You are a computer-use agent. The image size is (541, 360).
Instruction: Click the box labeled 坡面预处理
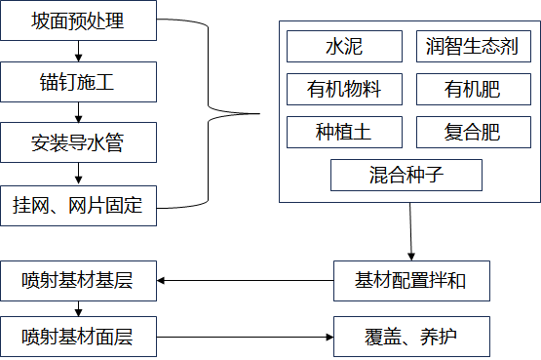click(78, 20)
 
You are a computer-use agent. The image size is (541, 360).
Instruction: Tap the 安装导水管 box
click(78, 143)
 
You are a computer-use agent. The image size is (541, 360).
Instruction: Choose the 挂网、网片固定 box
click(78, 206)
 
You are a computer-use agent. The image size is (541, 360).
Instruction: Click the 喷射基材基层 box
click(78, 281)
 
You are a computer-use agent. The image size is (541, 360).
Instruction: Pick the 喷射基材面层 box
click(78, 337)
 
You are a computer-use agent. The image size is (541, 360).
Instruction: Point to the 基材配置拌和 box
click(409, 281)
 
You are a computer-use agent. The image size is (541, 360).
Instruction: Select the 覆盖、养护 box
click(409, 337)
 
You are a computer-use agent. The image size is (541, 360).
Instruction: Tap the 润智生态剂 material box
click(473, 46)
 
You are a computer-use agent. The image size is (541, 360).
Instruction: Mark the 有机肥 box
click(473, 90)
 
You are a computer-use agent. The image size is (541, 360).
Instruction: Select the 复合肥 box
click(473, 132)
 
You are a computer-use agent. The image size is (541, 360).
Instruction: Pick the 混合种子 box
click(407, 176)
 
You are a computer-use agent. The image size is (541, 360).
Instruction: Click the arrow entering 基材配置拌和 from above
click(409, 232)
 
